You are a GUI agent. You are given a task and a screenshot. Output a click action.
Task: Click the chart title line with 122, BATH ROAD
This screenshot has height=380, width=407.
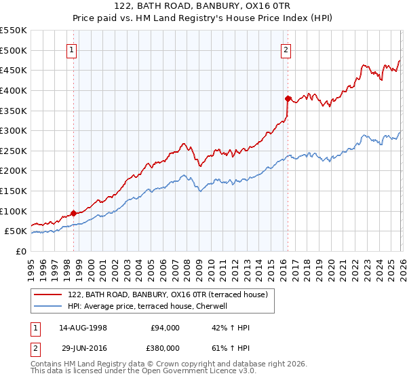[x=203, y=6]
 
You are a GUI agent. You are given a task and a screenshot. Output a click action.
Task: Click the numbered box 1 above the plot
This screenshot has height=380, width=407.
[x=72, y=50]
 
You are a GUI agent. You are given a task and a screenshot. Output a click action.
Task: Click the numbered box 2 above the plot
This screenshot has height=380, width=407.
[x=286, y=50]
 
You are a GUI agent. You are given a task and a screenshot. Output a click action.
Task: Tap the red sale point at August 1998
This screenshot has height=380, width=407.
[x=73, y=213]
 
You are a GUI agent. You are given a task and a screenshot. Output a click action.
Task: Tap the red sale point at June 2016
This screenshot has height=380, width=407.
[x=288, y=98]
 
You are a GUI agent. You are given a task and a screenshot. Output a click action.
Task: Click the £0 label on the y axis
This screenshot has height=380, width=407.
[x=22, y=251]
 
